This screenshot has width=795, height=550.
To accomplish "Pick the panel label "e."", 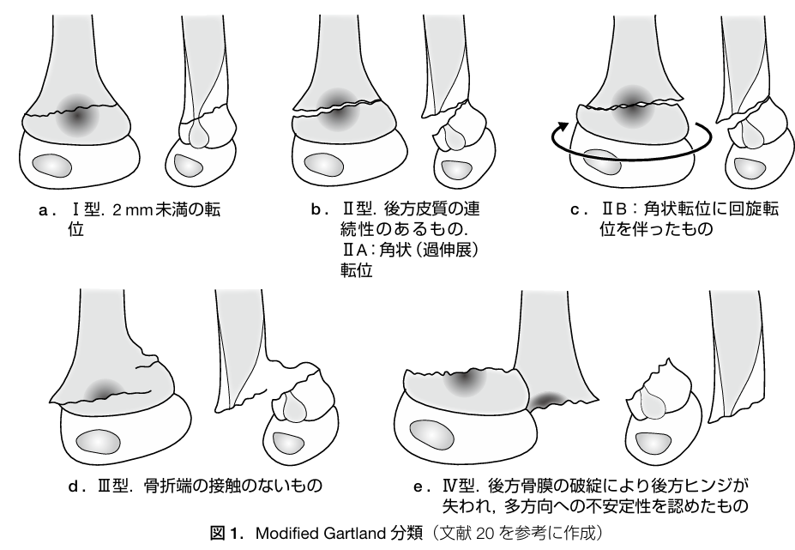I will pos(420,487).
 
